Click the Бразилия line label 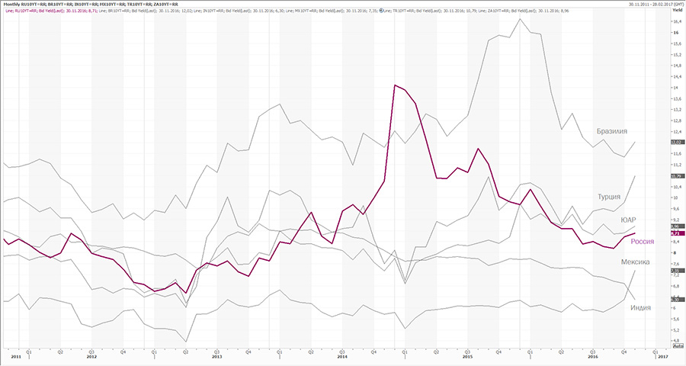(613, 130)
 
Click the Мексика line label (634, 262)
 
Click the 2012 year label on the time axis (91, 356)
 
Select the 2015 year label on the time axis (467, 356)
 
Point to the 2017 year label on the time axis (662, 356)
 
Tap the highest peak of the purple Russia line (395, 85)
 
